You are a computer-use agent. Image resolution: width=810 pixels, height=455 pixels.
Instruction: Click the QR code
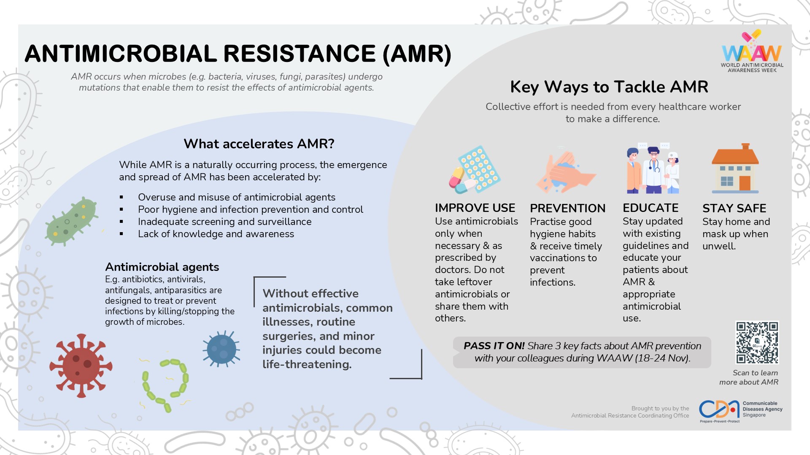tap(757, 343)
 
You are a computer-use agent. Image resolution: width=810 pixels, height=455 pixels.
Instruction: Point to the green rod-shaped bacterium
tap(72, 221)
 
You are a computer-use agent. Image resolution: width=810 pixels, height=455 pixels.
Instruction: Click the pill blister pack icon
tap(475, 169)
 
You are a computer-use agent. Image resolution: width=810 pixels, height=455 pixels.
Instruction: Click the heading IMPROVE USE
tap(475, 208)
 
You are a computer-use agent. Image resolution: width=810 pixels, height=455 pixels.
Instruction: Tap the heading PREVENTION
tap(567, 209)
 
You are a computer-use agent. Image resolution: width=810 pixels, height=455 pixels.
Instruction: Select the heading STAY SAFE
tap(734, 209)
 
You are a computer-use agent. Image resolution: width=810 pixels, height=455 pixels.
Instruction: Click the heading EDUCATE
tap(651, 208)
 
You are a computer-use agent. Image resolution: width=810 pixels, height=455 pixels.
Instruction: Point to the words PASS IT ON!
tap(494, 346)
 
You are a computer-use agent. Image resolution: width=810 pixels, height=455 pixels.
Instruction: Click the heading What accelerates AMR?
tap(259, 144)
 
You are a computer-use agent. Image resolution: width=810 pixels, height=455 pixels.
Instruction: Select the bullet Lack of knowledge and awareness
tap(216, 234)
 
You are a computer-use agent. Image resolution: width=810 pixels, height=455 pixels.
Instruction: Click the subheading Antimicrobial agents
tap(162, 267)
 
